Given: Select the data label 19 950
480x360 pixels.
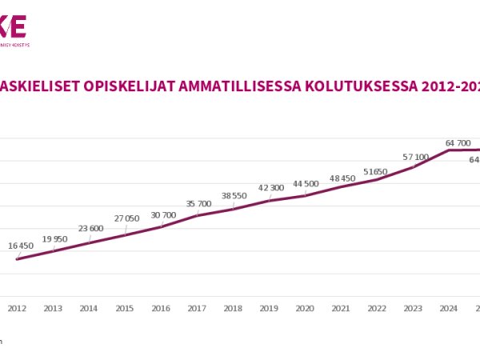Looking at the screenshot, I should [55, 238].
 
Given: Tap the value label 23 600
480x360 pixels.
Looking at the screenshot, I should [90, 228].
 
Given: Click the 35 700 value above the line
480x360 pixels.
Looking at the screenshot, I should [198, 204].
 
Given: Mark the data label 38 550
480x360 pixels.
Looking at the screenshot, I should [234, 196].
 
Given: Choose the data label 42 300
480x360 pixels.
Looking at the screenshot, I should [270, 188].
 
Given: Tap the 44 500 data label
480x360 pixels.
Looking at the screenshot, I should [306, 183].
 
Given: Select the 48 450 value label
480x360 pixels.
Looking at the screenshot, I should [342, 178].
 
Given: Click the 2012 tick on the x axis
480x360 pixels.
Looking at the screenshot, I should [17, 308].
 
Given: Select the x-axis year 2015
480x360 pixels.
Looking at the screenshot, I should [125, 308].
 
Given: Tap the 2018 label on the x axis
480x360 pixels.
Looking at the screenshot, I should [233, 308].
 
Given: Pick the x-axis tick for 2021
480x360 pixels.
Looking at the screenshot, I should [341, 308].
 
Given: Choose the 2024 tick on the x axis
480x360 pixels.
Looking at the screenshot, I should [449, 308].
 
